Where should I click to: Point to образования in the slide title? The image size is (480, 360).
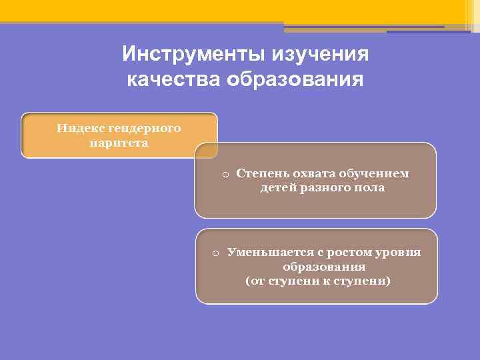[x=295, y=80]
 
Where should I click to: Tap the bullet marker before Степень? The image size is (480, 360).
[x=225, y=175]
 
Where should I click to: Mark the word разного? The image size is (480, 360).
[x=323, y=188]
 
